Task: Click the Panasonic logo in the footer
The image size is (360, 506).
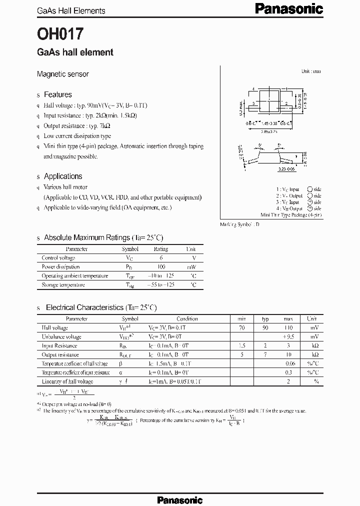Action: pyautogui.click(x=179, y=499)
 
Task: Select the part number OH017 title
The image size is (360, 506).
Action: pyautogui.click(x=60, y=33)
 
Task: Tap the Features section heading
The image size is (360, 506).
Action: pyautogui.click(x=57, y=94)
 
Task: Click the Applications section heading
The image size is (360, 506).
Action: pyautogui.click(x=63, y=176)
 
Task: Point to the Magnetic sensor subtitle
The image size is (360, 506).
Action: pyautogui.click(x=63, y=74)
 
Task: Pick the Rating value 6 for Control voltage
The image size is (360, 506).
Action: pyautogui.click(x=161, y=258)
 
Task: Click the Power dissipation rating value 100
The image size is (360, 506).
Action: pyautogui.click(x=161, y=267)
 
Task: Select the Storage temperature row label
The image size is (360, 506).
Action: pyautogui.click(x=63, y=285)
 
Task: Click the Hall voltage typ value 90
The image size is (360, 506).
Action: pyautogui.click(x=265, y=328)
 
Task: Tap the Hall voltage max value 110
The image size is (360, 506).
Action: pyautogui.click(x=288, y=328)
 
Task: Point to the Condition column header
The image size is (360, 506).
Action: pyautogui.click(x=187, y=318)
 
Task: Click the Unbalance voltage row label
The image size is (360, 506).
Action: pyautogui.click(x=61, y=337)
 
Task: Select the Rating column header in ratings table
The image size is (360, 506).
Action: pyautogui.click(x=161, y=249)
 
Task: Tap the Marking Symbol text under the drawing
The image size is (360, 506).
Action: pyautogui.click(x=239, y=224)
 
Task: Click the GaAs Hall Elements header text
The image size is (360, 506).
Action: pyautogui.click(x=71, y=10)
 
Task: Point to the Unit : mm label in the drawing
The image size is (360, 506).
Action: pyautogui.click(x=311, y=71)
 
